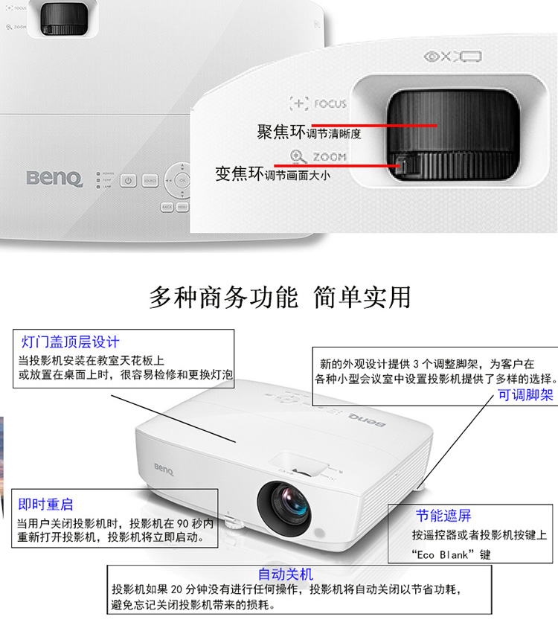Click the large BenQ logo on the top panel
(54, 179)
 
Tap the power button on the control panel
(128, 181)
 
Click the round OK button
(182, 180)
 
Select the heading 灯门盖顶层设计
(70, 342)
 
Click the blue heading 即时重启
(45, 504)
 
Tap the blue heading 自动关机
(286, 574)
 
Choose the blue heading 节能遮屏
(443, 516)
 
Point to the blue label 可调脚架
(525, 395)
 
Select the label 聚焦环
(281, 132)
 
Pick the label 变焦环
(240, 173)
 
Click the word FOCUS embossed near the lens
(330, 104)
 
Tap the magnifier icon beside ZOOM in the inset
(298, 157)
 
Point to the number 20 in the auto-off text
(176, 589)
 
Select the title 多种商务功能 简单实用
(280, 297)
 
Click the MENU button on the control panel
(182, 207)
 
